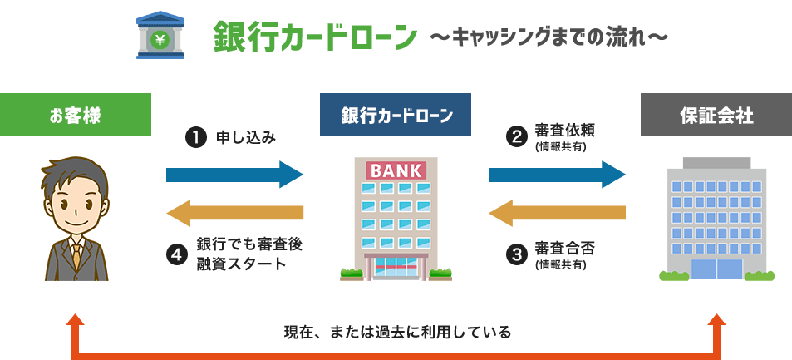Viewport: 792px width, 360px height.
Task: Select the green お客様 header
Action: [x=76, y=116]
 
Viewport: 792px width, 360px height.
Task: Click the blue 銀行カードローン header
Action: [x=396, y=116]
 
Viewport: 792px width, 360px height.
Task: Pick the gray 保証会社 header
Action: [x=716, y=116]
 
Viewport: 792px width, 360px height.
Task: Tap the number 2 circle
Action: [x=517, y=136]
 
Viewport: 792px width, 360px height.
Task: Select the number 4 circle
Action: [x=175, y=254]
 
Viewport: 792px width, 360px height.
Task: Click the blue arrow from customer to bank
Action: [x=235, y=175]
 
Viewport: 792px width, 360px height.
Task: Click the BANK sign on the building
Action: [x=395, y=170]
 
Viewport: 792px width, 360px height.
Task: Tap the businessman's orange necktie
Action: [x=76, y=253]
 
